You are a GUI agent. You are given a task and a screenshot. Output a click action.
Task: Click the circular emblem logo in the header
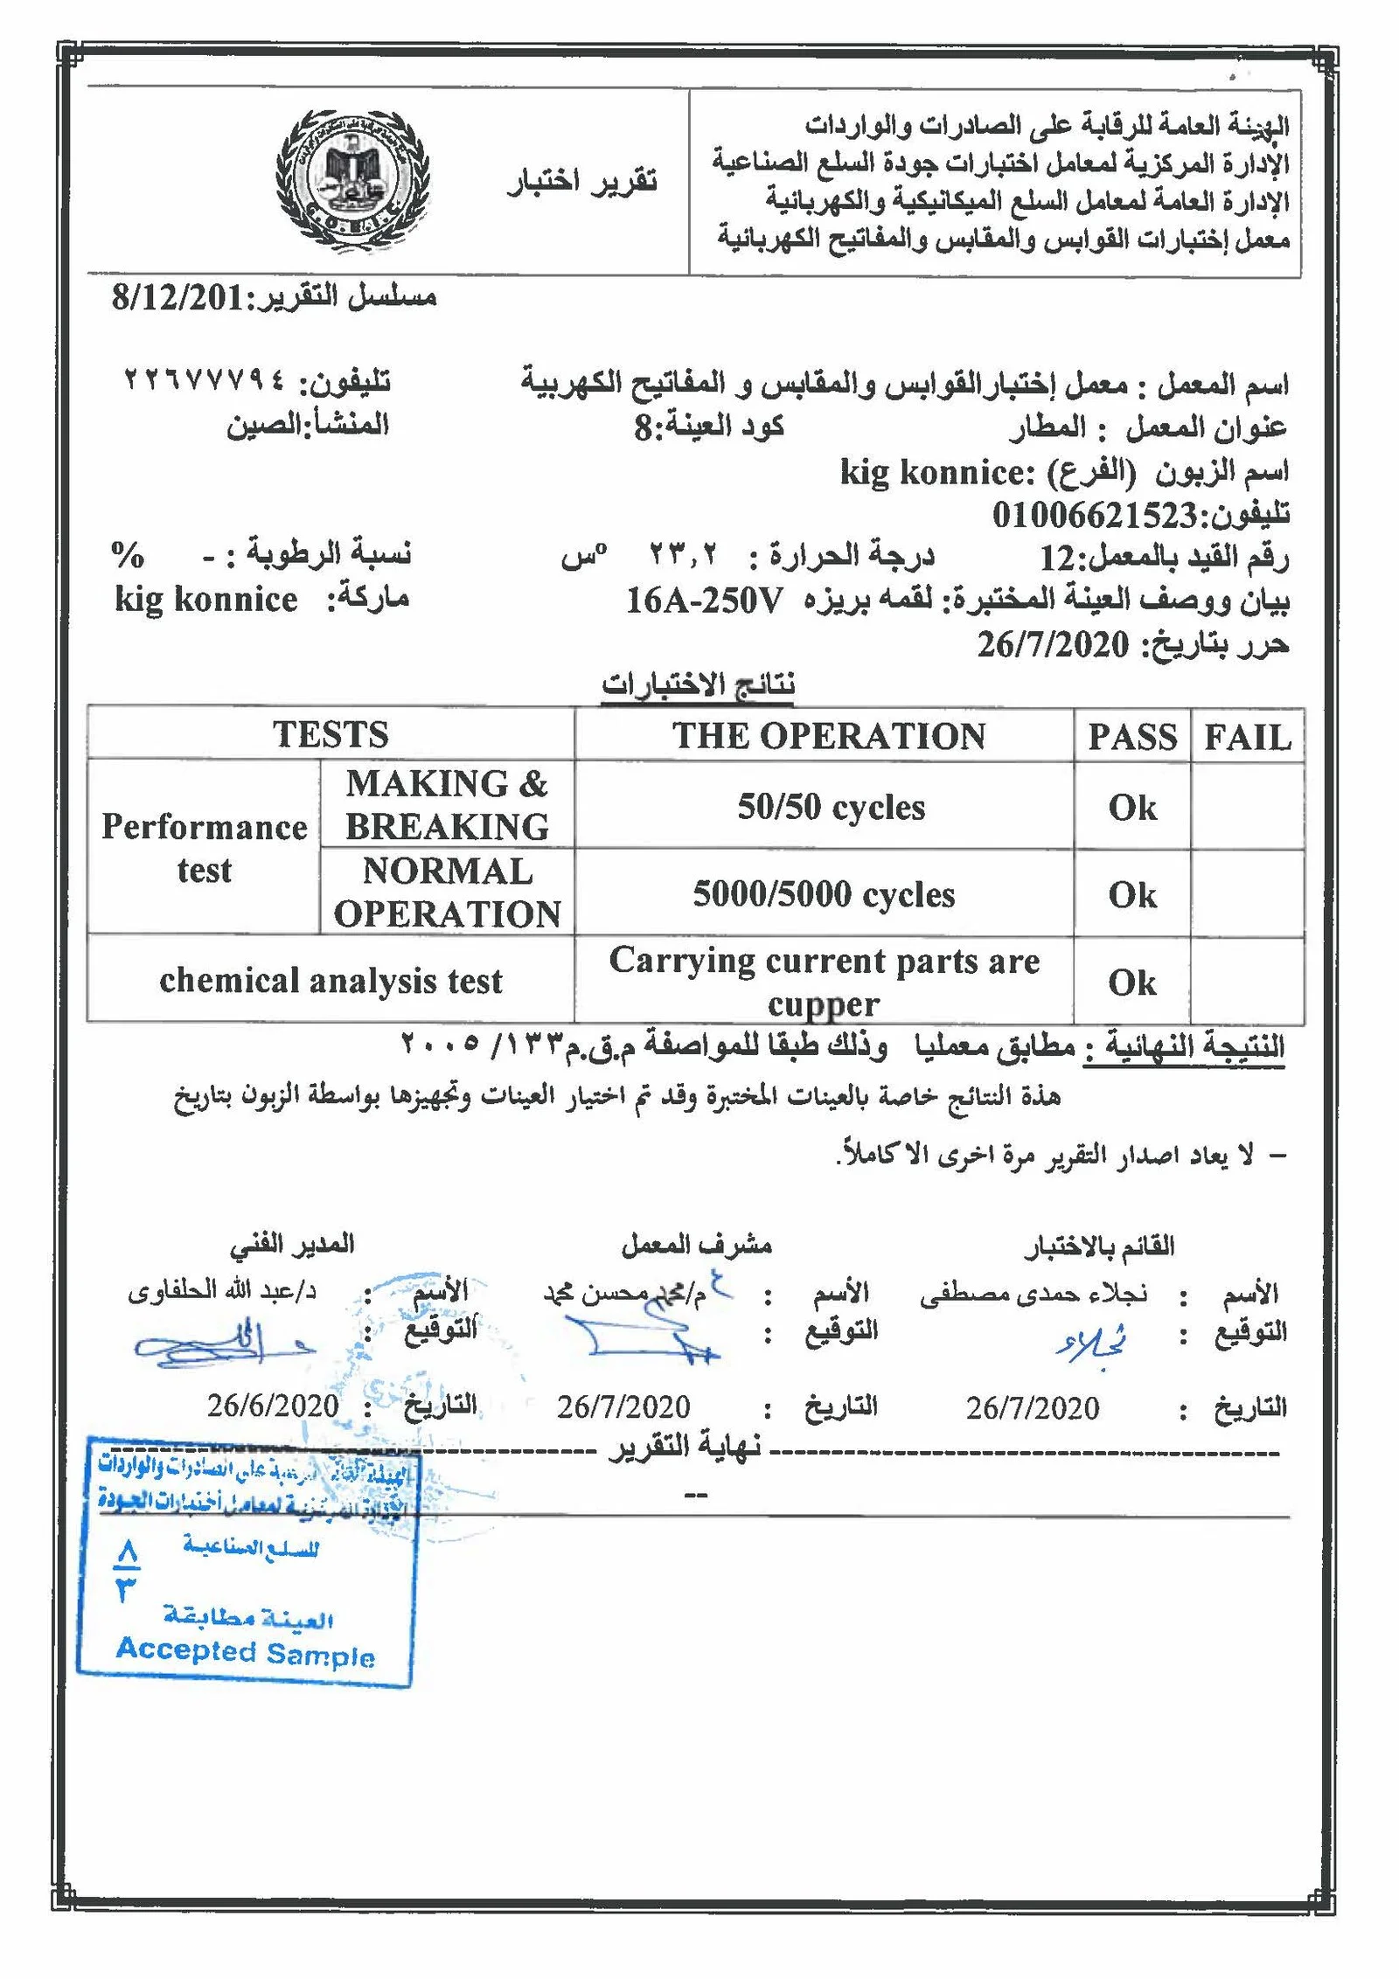point(352,178)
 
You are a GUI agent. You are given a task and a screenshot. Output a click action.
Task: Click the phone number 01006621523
point(1093,515)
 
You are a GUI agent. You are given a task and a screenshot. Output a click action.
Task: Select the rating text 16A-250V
point(705,601)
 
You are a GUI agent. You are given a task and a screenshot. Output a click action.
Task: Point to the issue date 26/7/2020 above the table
point(1053,645)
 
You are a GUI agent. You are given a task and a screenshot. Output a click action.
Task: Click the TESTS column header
point(331,734)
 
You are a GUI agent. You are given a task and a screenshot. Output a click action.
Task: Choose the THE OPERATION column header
point(828,736)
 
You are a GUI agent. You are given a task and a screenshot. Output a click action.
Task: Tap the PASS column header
point(1132,737)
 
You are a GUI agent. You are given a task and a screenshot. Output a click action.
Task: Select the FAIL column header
point(1248,737)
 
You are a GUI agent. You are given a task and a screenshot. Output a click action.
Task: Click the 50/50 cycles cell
point(831,807)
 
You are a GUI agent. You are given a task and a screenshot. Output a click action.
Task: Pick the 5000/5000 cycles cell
point(824,894)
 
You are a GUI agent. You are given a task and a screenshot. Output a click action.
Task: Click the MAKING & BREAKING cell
point(447,805)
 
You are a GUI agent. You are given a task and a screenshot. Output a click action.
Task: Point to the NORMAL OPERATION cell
point(447,892)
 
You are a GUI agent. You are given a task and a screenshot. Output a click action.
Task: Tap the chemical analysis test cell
point(331,981)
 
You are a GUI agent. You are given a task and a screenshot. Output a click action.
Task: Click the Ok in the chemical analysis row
point(1132,983)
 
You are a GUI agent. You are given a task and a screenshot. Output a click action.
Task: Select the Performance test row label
point(204,848)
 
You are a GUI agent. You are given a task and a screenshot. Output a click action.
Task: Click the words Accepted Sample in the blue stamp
point(245,1652)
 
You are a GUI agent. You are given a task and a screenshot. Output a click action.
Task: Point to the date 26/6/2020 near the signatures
point(273,1406)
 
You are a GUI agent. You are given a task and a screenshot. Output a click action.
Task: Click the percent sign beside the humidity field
point(128,554)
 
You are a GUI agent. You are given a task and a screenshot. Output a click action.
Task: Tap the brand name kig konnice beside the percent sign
point(206,600)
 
